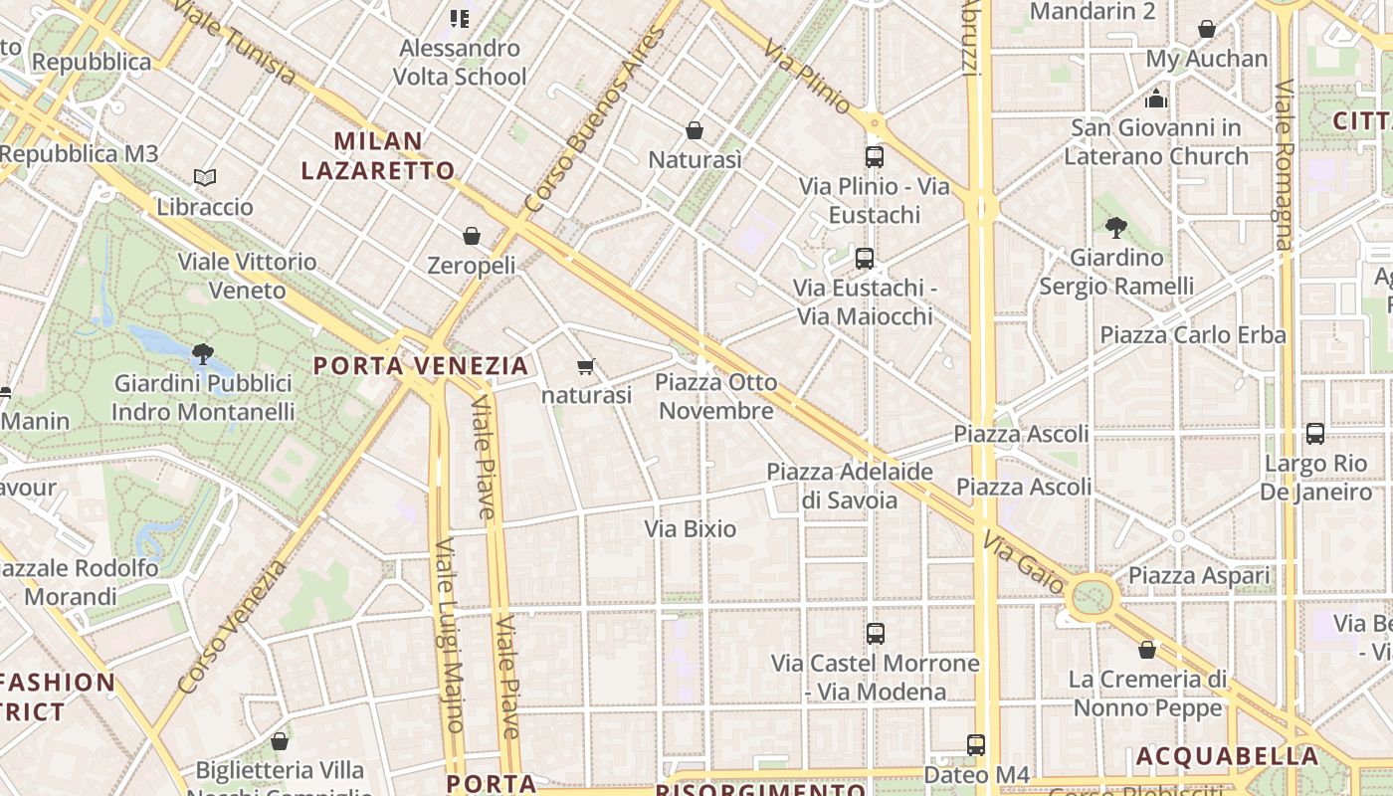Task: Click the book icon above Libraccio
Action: (x=205, y=177)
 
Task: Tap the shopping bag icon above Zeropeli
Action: (x=472, y=236)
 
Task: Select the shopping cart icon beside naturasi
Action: (x=586, y=366)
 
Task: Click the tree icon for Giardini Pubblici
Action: (x=203, y=353)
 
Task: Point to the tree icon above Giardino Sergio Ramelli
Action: (x=1116, y=228)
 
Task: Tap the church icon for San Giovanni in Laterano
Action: (x=1156, y=99)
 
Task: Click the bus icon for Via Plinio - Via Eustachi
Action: (x=875, y=156)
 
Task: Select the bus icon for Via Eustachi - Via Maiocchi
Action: (x=865, y=259)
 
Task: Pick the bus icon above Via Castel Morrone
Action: (x=876, y=633)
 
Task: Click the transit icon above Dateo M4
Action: (x=976, y=744)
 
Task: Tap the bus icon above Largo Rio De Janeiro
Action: (x=1315, y=434)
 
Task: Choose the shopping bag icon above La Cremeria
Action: (x=1147, y=650)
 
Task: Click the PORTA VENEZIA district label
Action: (x=421, y=365)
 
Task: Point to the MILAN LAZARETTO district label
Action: (x=377, y=155)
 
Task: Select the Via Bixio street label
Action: (x=691, y=528)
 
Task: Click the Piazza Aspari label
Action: (x=1199, y=575)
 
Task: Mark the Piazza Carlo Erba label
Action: (x=1193, y=335)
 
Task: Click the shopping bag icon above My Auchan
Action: (x=1207, y=30)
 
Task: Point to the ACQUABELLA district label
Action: (x=1228, y=756)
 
